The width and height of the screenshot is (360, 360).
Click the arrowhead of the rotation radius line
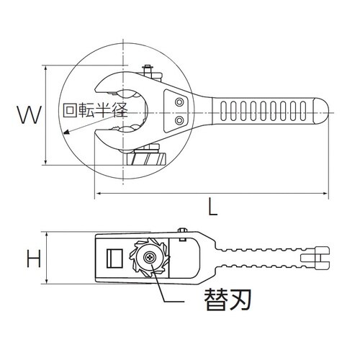(x=65, y=133)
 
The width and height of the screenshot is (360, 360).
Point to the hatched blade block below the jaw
(x=147, y=157)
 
